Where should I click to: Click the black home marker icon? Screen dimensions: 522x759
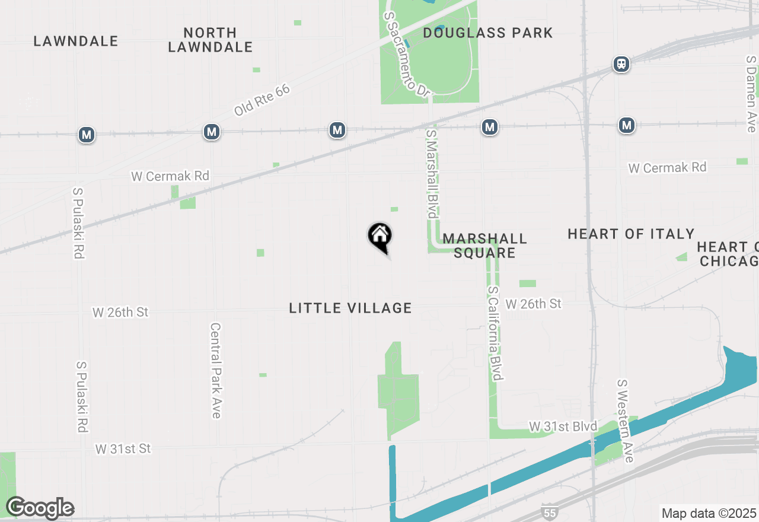click(x=379, y=236)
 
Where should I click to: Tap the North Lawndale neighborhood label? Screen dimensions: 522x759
click(x=211, y=40)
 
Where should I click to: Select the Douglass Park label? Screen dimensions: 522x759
click(x=487, y=33)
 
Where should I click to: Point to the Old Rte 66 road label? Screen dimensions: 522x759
click(x=261, y=100)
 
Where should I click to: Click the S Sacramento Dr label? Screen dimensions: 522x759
click(x=406, y=54)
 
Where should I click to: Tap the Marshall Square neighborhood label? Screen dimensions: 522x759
click(x=484, y=246)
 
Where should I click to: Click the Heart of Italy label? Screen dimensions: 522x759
click(x=631, y=234)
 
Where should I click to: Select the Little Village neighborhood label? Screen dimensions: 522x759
click(x=350, y=308)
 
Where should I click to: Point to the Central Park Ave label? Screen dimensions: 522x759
click(x=216, y=370)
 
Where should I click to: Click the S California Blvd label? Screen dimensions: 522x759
click(x=496, y=333)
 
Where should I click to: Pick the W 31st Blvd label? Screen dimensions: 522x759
click(x=563, y=426)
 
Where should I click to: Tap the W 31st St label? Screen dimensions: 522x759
click(x=123, y=449)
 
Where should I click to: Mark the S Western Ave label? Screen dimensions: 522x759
click(x=625, y=421)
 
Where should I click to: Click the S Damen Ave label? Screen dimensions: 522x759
click(x=751, y=94)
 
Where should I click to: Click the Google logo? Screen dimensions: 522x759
click(x=40, y=508)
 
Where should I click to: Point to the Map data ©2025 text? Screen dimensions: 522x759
click(x=709, y=513)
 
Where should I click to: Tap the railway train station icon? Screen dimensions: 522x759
click(x=621, y=63)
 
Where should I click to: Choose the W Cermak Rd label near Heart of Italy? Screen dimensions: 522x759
click(x=667, y=168)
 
